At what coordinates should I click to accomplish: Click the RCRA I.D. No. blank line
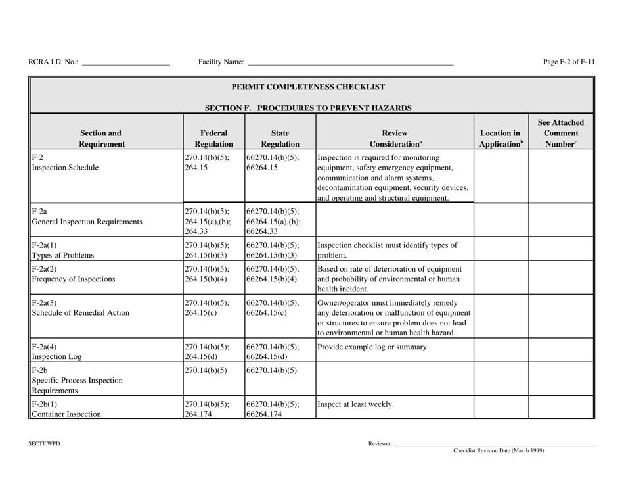pyautogui.click(x=125, y=64)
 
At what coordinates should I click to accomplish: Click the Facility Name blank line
pyautogui.click(x=349, y=64)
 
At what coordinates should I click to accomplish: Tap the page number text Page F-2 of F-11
pyautogui.click(x=569, y=62)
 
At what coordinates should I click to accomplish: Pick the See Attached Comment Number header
pyautogui.click(x=561, y=132)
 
